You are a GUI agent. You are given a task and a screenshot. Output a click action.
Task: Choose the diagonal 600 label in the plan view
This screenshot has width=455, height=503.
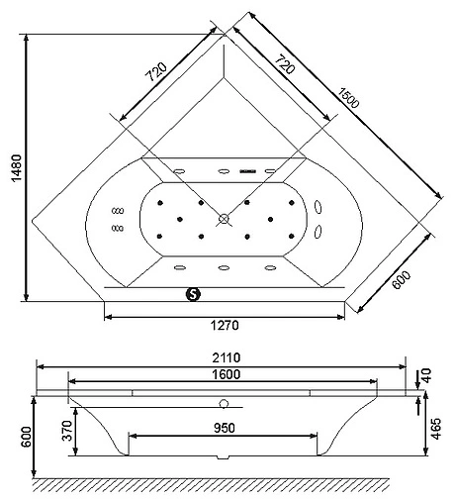click(400, 283)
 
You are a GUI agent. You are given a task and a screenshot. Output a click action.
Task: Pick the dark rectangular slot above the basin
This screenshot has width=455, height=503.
click(249, 170)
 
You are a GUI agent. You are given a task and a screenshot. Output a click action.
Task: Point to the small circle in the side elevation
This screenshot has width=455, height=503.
click(224, 404)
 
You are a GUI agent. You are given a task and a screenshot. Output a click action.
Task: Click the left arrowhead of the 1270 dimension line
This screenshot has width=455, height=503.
click(107, 316)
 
